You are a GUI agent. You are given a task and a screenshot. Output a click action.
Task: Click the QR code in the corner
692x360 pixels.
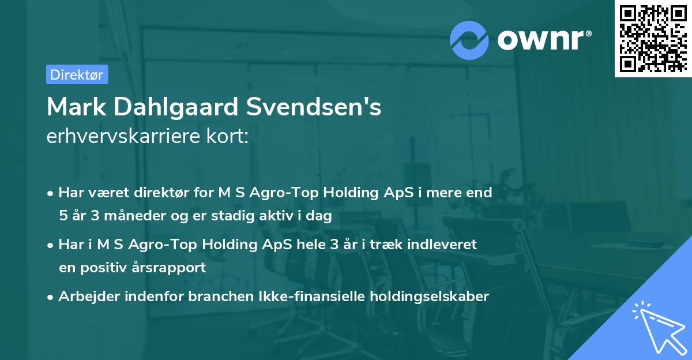click(653, 38)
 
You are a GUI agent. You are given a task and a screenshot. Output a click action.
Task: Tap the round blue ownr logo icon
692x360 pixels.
click(469, 40)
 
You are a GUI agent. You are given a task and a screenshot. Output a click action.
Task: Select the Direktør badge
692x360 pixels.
click(77, 74)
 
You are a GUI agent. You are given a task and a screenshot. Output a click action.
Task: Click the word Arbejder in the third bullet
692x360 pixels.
click(86, 297)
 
